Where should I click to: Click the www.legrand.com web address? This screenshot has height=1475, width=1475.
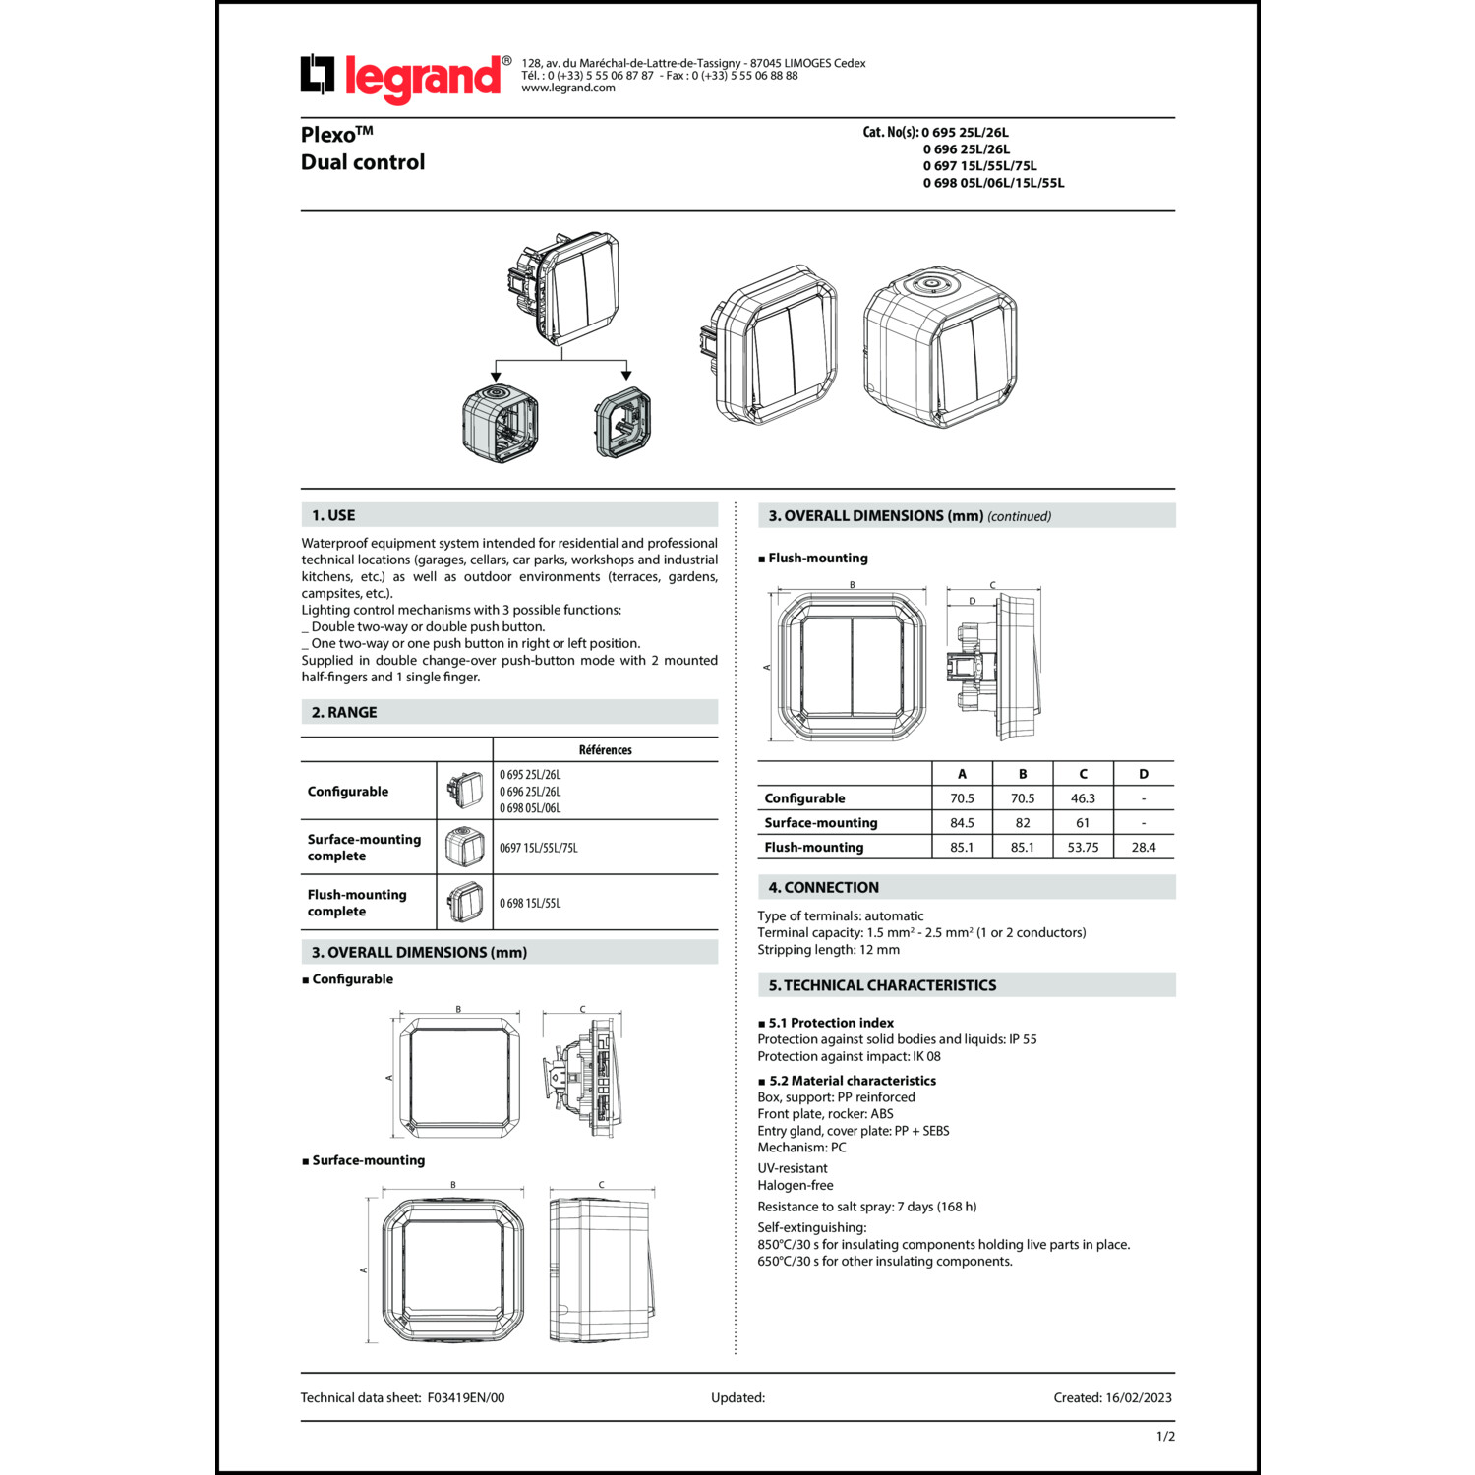coord(568,88)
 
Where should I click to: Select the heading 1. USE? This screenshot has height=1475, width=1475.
coord(333,515)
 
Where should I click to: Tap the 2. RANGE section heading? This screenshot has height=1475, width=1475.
coord(344,712)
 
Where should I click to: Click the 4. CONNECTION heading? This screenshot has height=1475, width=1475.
coord(824,887)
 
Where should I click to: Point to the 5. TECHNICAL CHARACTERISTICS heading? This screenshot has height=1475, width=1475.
coord(882,985)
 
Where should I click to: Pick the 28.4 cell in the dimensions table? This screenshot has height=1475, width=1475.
coord(1144,847)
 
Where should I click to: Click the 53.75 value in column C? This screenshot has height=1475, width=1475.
coord(1083,847)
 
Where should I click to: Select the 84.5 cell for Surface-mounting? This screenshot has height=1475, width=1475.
coord(962,823)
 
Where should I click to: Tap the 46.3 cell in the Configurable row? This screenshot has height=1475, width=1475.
coord(1083,798)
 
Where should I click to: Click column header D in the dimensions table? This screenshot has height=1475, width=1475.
coord(1144,774)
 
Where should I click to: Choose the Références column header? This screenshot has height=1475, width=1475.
coord(606,750)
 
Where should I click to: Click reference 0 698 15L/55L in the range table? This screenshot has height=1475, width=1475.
coord(530,903)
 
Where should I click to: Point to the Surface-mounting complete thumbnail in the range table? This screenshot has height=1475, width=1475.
coord(464,847)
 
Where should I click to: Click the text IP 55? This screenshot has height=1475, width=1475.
coord(1023,1039)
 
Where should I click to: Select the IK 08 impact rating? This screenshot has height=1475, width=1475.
coord(926,1056)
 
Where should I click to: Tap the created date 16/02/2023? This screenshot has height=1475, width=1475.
coord(1139,1397)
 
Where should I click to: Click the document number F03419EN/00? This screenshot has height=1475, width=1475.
coord(466,1397)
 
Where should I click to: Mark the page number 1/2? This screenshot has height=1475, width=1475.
coord(1165,1437)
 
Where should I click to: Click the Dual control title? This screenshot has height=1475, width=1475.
coord(363,162)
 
